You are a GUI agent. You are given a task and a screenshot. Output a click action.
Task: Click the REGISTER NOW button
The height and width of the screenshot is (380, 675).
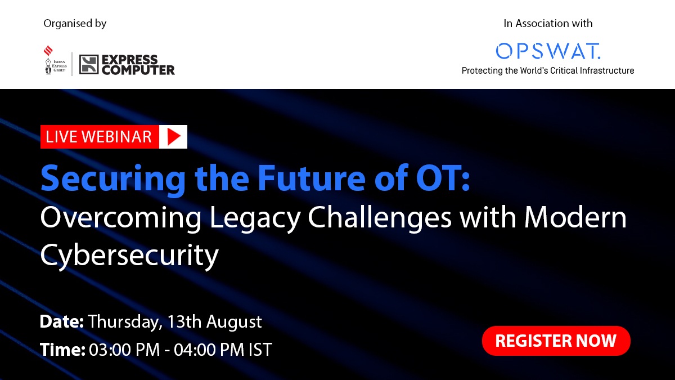coord(556,341)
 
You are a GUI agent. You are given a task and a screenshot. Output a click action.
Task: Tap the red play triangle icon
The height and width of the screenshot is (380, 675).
coord(174,137)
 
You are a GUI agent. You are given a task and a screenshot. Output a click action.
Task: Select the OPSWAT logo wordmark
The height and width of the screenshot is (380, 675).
coord(548,51)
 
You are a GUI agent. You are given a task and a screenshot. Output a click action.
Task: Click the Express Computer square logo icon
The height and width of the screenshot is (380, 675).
coord(89,65)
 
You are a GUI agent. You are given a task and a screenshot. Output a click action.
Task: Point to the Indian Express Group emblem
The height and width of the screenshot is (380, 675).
coord(56,60)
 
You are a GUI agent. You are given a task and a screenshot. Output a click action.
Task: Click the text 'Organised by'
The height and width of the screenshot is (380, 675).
coord(75,24)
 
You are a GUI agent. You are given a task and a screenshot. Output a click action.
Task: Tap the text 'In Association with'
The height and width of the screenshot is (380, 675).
coord(548,23)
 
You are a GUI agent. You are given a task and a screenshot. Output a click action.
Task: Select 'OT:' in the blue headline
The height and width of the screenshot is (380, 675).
coord(443,178)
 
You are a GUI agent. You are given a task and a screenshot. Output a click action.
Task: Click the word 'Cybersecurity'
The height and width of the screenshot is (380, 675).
coord(129,256)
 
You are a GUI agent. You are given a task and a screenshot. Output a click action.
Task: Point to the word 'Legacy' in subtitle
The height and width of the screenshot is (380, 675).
coord(255,218)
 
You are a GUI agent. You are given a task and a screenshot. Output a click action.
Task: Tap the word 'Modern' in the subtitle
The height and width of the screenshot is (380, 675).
coord(575,217)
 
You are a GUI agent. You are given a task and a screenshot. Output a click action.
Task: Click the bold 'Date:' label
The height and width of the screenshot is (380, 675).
coord(62,321)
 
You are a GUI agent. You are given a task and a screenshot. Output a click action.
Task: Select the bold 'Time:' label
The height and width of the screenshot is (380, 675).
coord(62,350)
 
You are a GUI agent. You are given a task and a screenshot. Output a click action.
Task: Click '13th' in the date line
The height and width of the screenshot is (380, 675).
coord(184,321)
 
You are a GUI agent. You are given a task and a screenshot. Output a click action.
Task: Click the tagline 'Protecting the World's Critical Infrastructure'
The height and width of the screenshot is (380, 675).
coord(548,70)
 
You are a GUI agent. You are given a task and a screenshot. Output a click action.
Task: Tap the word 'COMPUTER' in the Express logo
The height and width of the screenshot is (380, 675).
coord(138,70)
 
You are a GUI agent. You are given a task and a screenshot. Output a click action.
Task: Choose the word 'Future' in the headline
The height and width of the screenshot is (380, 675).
coord(312,178)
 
